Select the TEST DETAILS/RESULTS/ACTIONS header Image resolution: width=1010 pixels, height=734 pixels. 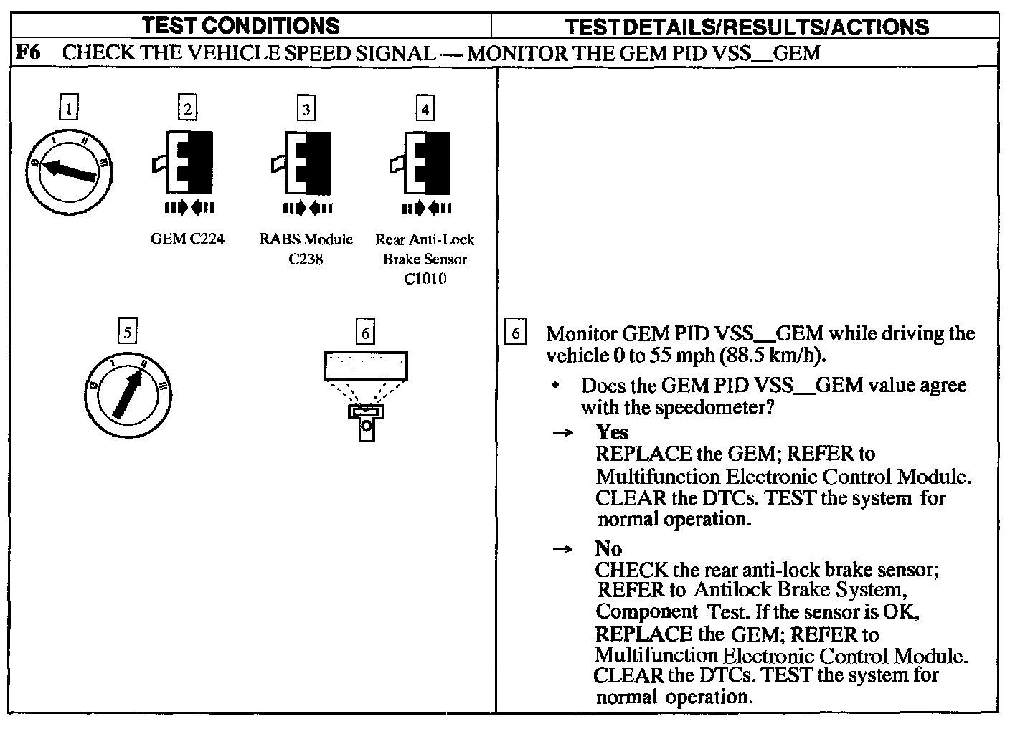[746, 27]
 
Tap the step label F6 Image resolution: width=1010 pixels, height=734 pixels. [26, 53]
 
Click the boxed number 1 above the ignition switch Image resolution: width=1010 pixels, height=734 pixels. [68, 109]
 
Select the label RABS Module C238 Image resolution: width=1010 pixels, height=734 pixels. [306, 249]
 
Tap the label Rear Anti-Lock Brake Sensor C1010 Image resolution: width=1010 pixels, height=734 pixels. [425, 259]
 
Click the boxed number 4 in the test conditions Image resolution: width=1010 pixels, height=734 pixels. [425, 109]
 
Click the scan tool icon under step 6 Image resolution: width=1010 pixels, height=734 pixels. [366, 396]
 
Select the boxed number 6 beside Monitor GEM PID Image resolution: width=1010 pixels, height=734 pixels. [515, 333]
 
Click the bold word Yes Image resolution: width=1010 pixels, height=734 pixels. [612, 432]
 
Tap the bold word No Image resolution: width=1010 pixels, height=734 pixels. [608, 548]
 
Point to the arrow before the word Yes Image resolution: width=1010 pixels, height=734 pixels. [565, 433]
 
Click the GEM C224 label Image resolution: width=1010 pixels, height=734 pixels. [187, 239]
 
